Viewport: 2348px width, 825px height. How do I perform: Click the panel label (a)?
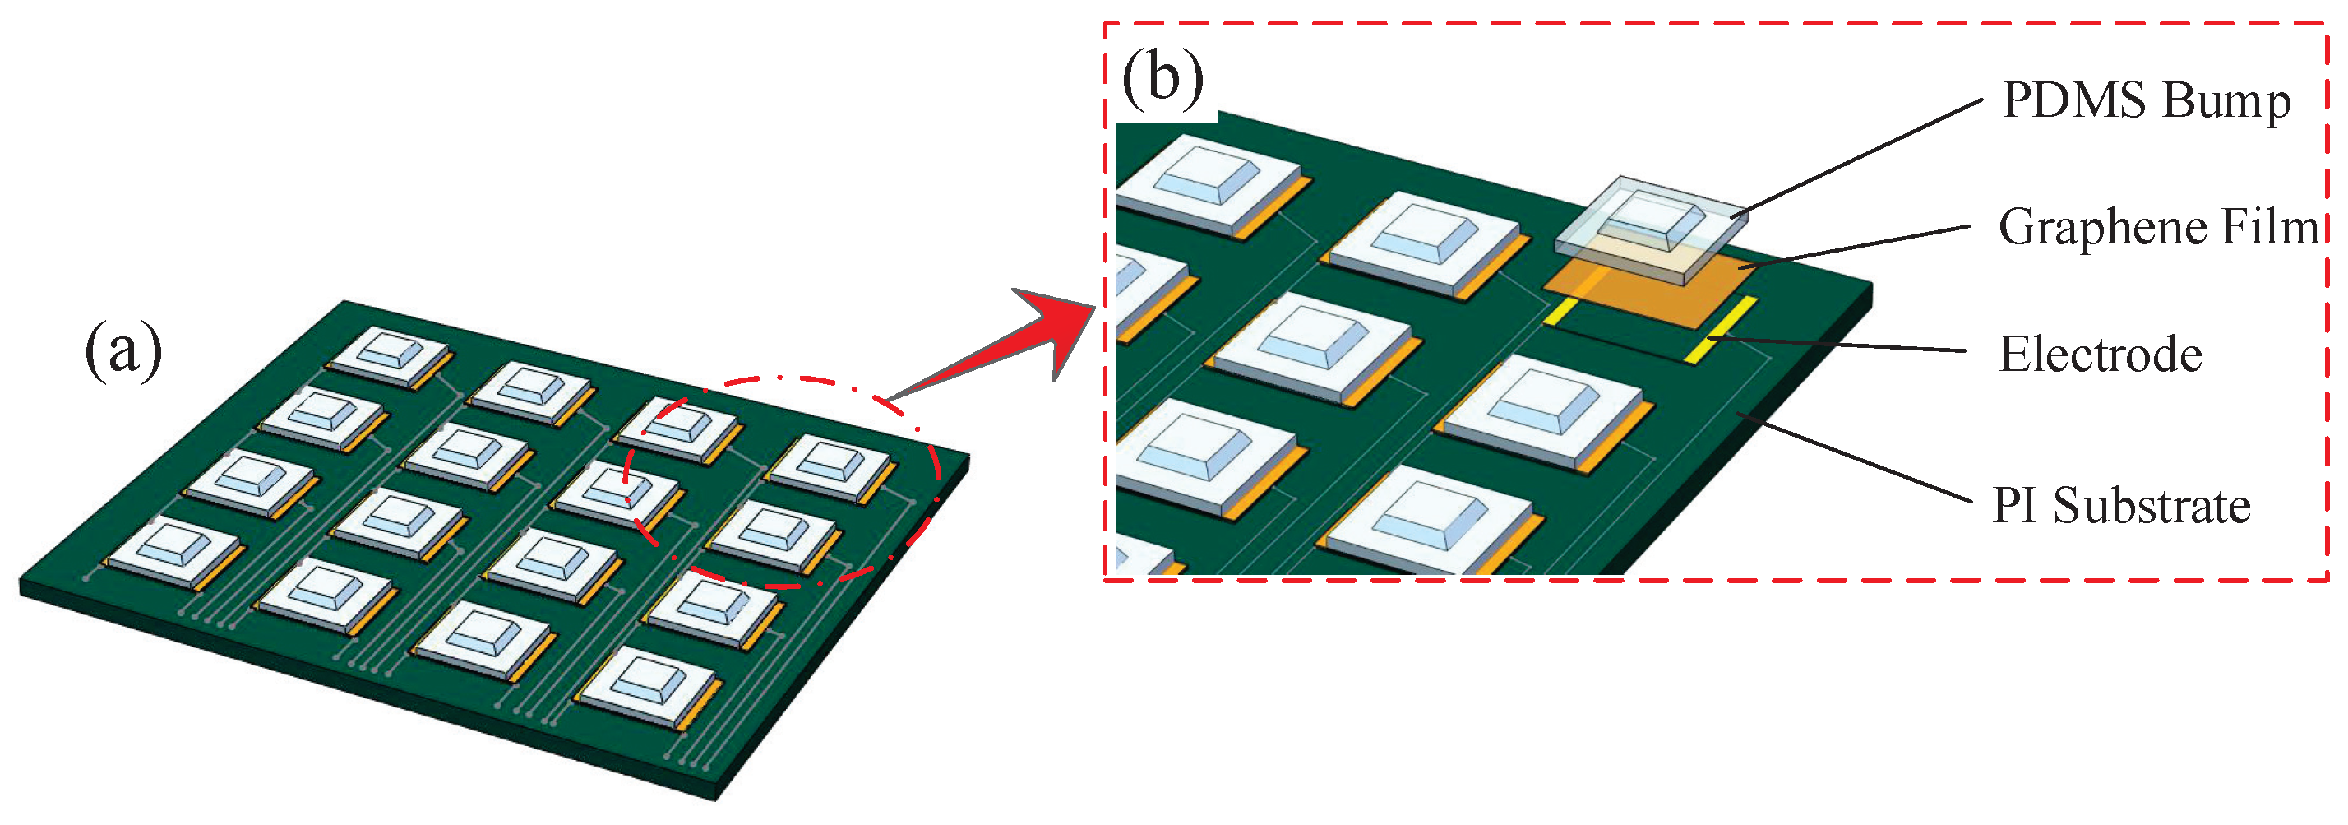coord(123,351)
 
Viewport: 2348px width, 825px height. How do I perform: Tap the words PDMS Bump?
coord(2146,100)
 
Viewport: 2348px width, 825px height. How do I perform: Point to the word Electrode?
coord(2100,355)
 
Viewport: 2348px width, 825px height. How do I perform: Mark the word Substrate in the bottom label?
coord(2152,506)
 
